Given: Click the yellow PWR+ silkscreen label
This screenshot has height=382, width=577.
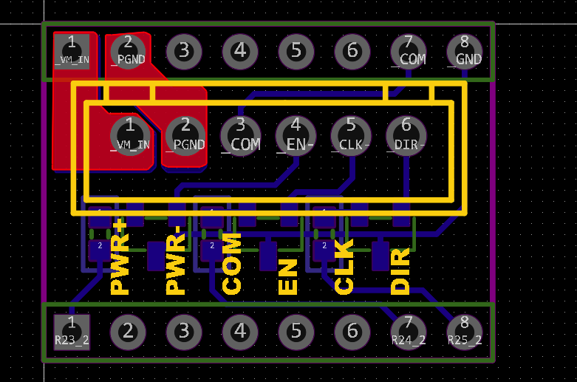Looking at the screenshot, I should click(120, 256).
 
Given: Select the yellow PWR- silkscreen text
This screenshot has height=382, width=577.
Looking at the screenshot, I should click(176, 264).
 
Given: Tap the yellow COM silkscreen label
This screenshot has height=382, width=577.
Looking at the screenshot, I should click(232, 263).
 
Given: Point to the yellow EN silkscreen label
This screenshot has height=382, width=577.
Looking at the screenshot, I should click(288, 277).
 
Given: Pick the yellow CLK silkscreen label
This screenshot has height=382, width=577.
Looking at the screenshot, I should click(344, 267).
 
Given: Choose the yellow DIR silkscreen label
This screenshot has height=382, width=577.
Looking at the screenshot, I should click(400, 271).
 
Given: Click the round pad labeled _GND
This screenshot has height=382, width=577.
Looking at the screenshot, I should click(465, 51).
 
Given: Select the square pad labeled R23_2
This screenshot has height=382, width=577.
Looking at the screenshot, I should click(72, 331).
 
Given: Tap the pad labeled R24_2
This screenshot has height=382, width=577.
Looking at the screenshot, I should click(408, 331).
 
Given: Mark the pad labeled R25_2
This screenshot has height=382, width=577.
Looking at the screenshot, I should click(465, 331).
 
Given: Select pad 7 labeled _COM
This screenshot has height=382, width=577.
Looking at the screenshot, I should click(409, 51).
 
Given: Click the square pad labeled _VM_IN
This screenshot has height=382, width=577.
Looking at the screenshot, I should click(72, 51).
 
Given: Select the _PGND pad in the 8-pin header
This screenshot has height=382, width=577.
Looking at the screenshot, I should click(128, 51).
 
